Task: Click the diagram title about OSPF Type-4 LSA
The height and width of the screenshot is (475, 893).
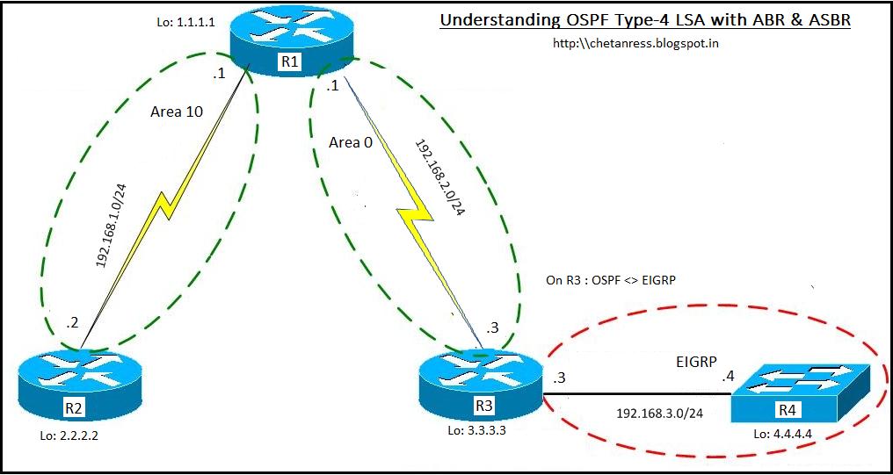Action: [645, 20]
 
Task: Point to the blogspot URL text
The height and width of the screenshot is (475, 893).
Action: [635, 43]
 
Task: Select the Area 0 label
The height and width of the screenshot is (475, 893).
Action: [350, 143]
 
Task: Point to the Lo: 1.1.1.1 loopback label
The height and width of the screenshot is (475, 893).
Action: [185, 24]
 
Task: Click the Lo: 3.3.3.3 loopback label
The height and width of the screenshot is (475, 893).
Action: [476, 430]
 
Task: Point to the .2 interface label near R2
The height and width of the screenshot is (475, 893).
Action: [71, 324]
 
